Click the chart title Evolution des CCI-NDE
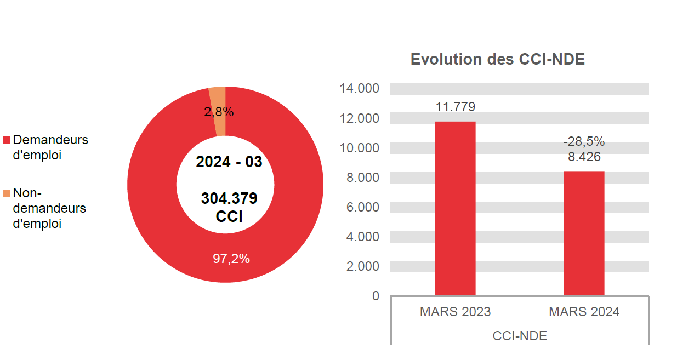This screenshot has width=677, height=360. tap(497, 60)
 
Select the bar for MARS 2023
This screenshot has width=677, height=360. tap(455, 208)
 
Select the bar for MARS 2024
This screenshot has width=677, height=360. tap(584, 233)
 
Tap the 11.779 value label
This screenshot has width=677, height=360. tap(455, 106)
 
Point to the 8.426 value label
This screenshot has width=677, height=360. tap(584, 157)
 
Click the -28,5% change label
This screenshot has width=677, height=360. tap(584, 142)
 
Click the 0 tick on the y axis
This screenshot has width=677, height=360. tap(376, 296)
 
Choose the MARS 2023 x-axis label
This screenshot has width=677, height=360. tap(455, 312)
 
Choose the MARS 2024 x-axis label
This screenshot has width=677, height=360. tap(584, 312)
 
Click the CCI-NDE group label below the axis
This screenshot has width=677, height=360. tap(520, 336)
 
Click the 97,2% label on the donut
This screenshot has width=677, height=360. tap(231, 259)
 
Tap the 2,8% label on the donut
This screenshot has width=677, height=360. tap(219, 112)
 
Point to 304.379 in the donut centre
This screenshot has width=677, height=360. tap(229, 198)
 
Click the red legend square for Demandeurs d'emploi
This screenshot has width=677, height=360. tap(7, 140)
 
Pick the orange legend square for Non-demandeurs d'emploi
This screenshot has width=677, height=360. tap(7, 193)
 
